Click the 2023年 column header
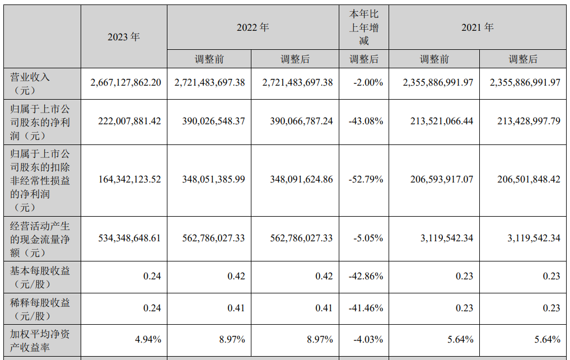click(124, 37)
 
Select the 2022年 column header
click(253, 27)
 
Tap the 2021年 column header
click(477, 27)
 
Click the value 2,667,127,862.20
click(125, 82)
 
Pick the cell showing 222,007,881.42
click(125, 121)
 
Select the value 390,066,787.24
click(297, 121)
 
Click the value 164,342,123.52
click(125, 180)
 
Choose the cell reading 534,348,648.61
click(125, 238)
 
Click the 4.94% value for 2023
click(149, 339)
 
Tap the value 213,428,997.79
click(525, 121)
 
